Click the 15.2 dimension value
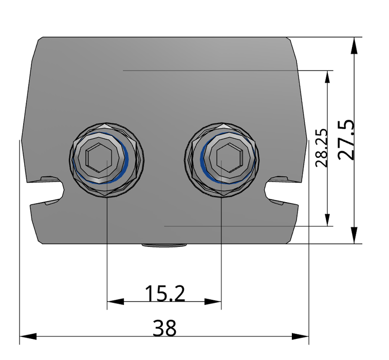coord(164,294)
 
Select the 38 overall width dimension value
coord(164,328)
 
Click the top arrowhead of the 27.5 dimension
coord(354,45)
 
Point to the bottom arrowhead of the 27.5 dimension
coord(354,236)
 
